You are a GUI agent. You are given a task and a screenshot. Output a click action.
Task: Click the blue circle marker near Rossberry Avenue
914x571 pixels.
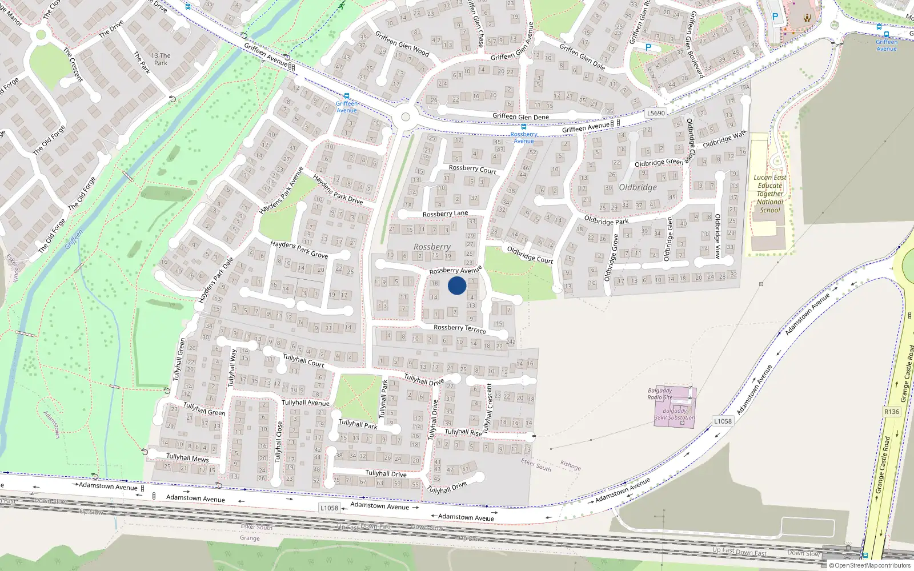(457, 285)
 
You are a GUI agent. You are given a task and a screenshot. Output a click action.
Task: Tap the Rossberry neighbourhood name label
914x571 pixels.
(432, 247)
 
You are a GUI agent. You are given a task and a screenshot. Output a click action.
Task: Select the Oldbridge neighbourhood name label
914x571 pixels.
(638, 187)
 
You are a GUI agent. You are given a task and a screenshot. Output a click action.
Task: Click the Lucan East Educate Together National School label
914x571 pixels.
(769, 194)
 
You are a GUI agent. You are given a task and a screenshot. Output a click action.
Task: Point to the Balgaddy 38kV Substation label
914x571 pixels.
(675, 414)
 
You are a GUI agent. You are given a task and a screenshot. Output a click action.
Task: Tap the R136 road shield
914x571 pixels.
(891, 412)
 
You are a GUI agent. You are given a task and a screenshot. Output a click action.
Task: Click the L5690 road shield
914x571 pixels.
(656, 113)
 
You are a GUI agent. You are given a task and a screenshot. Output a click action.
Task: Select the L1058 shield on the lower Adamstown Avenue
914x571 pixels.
(329, 508)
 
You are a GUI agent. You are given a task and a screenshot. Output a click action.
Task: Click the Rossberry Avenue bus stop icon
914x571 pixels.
(523, 127)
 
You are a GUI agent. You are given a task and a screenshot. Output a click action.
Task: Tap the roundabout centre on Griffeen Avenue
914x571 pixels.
(406, 117)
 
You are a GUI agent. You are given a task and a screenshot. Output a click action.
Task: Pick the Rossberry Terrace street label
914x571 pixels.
(460, 328)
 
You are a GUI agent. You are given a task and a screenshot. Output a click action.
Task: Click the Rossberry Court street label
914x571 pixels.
(472, 169)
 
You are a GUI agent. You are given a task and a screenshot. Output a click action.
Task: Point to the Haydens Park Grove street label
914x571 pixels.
(299, 249)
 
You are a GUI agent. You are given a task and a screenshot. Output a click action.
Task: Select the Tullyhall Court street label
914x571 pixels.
(303, 360)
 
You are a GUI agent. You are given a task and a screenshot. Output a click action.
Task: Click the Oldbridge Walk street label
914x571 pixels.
(724, 139)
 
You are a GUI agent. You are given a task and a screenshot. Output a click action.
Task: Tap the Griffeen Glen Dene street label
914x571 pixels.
(520, 116)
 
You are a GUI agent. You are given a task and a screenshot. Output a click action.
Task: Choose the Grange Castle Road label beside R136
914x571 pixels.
(906, 374)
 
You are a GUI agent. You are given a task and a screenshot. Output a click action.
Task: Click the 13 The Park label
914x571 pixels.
(161, 59)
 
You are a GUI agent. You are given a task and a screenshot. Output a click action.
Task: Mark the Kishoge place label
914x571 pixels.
(570, 465)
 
